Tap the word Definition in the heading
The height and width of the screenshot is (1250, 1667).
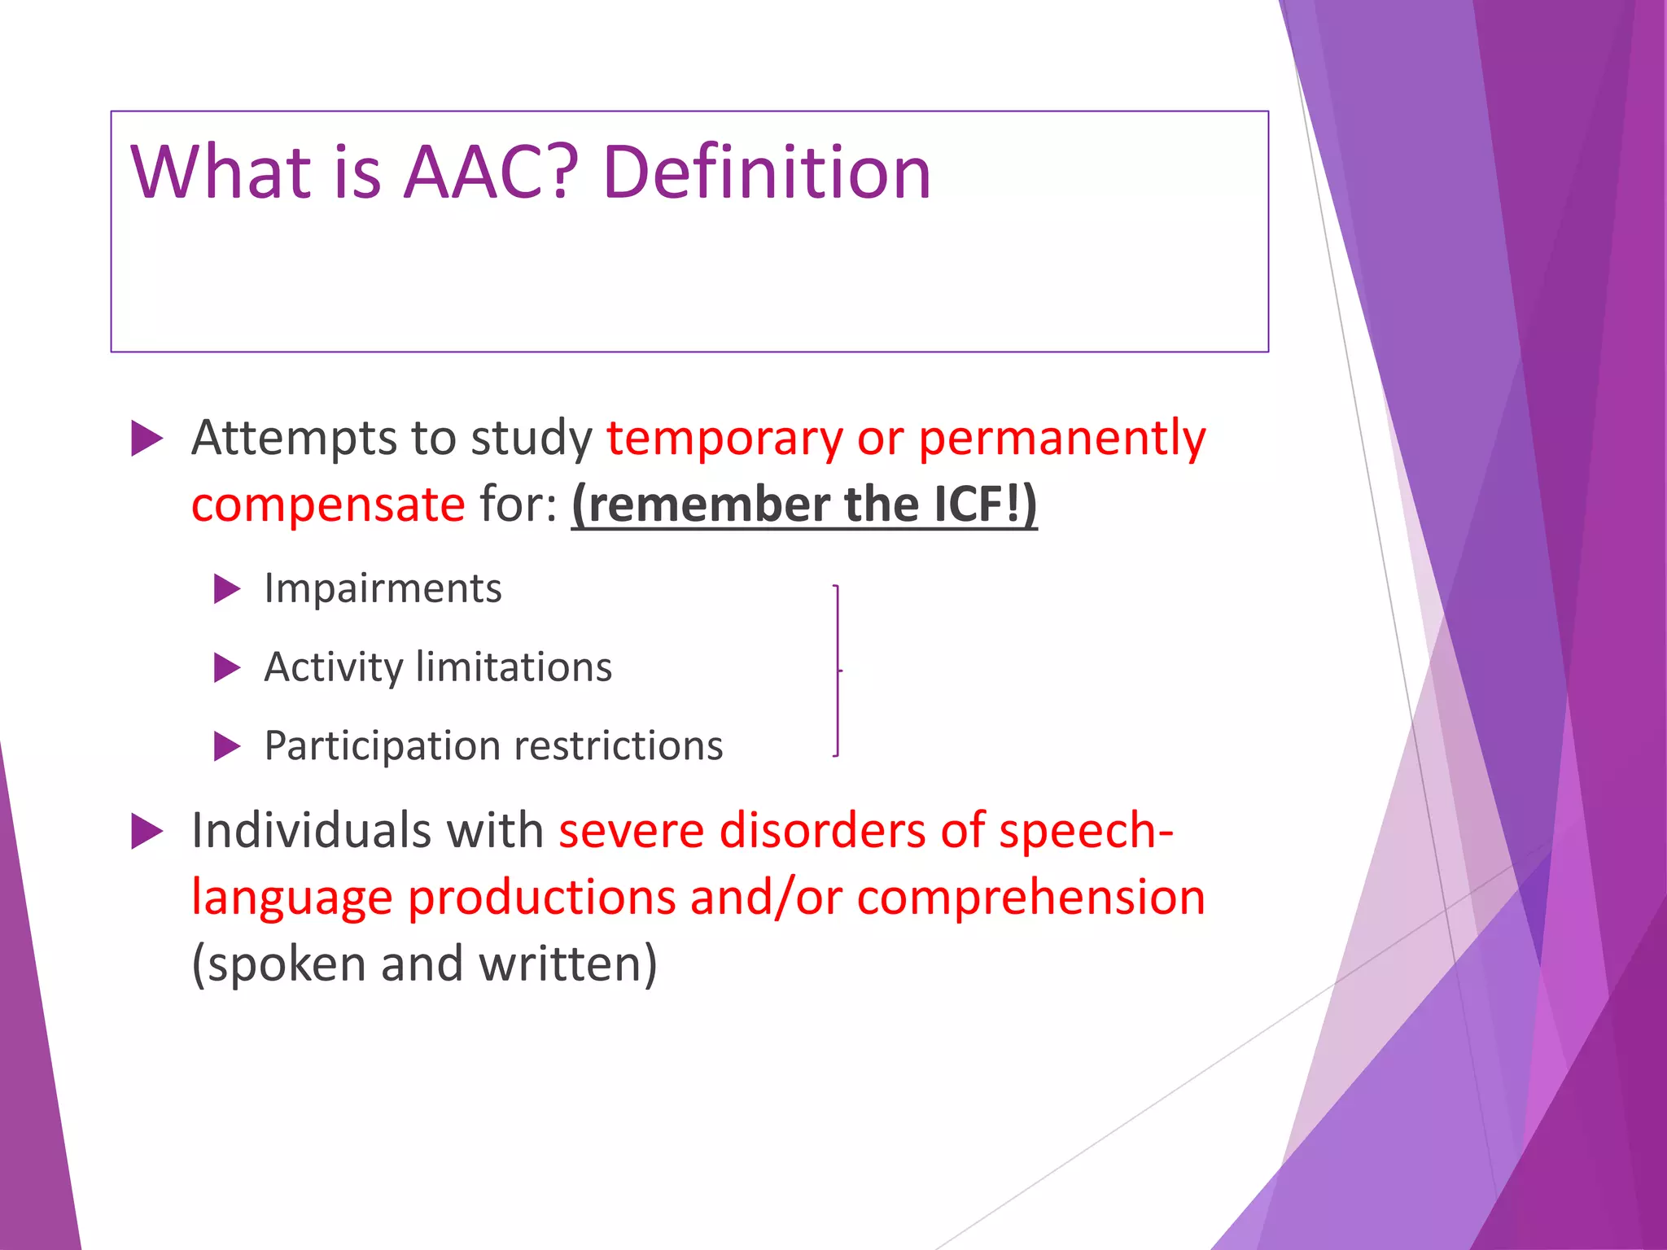[766, 173]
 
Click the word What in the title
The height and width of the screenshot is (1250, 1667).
[221, 173]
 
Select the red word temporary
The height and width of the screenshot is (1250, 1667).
[724, 439]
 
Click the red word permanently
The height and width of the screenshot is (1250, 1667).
[1061, 439]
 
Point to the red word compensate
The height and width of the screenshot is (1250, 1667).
[328, 505]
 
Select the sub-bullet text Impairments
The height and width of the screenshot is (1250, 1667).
[383, 588]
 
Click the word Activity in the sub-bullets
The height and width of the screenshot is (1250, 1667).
[333, 668]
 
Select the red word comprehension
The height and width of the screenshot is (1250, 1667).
[1030, 898]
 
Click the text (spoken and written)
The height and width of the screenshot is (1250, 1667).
[424, 964]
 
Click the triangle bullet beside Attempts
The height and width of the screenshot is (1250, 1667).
[147, 439]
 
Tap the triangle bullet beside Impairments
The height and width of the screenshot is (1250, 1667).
[226, 588]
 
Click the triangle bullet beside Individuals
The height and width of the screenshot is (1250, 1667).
[147, 832]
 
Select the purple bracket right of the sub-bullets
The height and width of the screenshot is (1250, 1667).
[838, 671]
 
